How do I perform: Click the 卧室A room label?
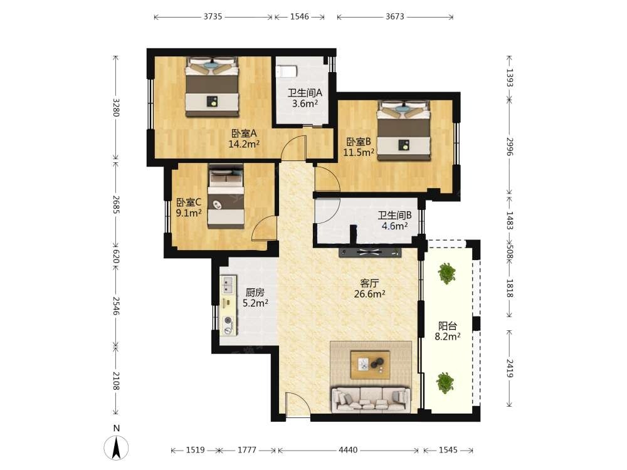(244, 133)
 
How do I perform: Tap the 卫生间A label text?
(305, 93)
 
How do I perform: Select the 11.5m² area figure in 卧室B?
(359, 152)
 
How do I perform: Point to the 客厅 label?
(369, 283)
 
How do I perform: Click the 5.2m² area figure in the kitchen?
(255, 303)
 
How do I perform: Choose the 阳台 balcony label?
(448, 326)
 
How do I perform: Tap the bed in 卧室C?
(226, 196)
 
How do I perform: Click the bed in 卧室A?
(211, 86)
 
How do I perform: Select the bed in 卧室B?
(404, 130)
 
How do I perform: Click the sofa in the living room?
(371, 400)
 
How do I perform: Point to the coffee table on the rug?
(371, 364)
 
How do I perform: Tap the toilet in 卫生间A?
(287, 71)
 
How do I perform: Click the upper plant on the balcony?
(446, 273)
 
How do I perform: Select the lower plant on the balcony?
(445, 382)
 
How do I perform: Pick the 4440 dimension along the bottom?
(348, 450)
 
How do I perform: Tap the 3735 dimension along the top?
(213, 17)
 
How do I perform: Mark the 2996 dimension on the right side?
(509, 147)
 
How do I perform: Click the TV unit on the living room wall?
(370, 252)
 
